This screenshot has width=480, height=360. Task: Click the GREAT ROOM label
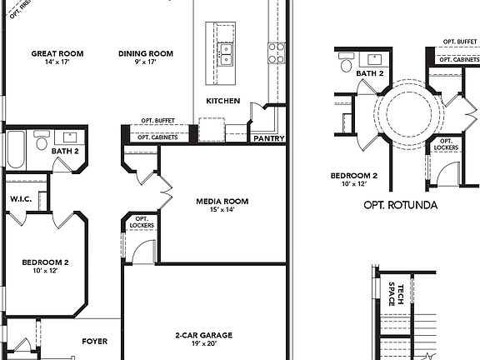(57, 53)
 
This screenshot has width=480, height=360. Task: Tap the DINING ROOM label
(145, 53)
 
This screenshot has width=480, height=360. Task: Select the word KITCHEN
(223, 101)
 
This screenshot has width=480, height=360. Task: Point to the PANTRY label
(268, 138)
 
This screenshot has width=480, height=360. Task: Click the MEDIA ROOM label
(222, 201)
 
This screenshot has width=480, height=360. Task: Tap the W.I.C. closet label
(21, 199)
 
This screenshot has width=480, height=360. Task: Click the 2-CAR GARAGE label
(203, 335)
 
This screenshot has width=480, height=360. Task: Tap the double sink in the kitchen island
(225, 54)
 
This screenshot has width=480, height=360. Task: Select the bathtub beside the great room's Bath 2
(16, 151)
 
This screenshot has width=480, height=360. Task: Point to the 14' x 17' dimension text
(57, 62)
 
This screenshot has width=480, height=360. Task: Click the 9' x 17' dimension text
(145, 62)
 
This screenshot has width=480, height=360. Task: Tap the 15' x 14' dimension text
(222, 210)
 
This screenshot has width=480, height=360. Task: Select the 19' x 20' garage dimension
(203, 344)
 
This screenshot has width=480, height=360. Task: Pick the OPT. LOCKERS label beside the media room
(138, 222)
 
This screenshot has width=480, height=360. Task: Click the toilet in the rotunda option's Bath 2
(346, 65)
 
